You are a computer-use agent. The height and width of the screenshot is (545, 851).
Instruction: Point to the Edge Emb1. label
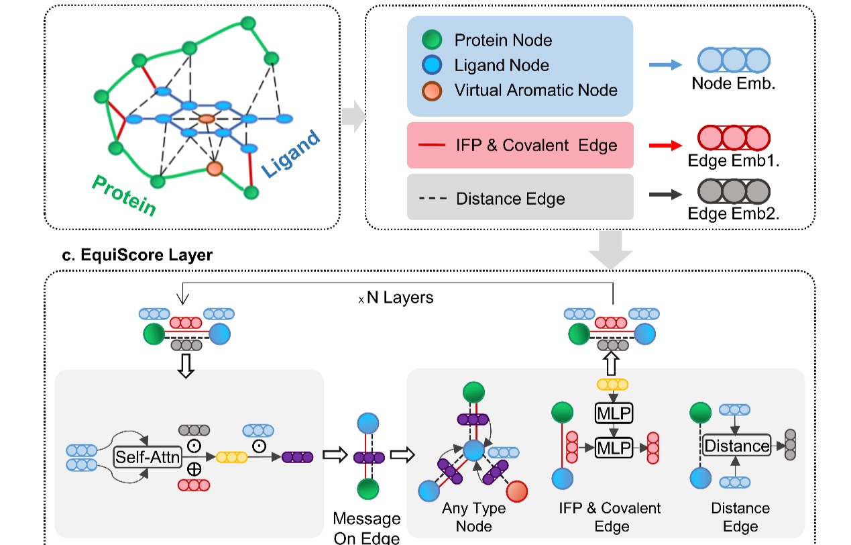pos(734,161)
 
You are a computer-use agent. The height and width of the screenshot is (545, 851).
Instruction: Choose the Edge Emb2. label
pos(734,214)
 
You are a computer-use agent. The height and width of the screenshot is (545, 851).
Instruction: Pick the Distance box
pos(736,445)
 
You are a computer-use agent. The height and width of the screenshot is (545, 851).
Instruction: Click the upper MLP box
pos(614,412)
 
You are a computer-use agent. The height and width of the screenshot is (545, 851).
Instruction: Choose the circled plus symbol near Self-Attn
pos(194,469)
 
